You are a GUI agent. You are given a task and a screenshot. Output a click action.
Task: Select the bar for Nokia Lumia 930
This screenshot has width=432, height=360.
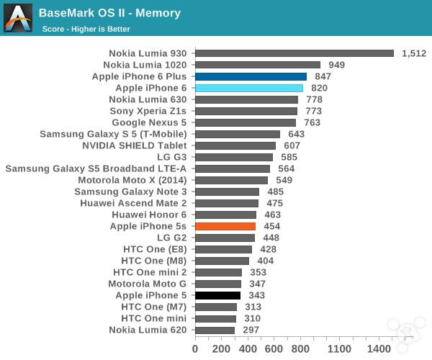tap(294, 53)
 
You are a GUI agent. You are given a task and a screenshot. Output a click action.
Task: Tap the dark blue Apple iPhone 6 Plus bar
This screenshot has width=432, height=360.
tap(251, 76)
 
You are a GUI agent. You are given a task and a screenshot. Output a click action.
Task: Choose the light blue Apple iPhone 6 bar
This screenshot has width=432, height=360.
tap(248, 88)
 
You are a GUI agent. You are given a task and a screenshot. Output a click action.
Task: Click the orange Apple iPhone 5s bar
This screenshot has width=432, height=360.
tap(225, 226)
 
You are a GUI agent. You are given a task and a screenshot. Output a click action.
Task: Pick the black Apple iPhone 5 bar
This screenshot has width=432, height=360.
tap(217, 295)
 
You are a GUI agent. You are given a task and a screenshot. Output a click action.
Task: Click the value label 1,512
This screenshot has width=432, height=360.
tap(414, 53)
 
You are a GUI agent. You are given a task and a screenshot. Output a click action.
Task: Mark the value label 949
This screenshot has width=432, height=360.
tap(336, 65)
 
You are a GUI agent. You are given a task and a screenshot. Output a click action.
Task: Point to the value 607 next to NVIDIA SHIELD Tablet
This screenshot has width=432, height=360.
tap(291, 145)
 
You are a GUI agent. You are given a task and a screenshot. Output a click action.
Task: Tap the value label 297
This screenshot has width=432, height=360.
tap(251, 330)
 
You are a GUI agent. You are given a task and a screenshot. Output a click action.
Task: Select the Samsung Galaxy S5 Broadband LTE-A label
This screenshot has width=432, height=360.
tap(96, 168)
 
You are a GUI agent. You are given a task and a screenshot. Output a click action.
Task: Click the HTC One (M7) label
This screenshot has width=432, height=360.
tap(154, 307)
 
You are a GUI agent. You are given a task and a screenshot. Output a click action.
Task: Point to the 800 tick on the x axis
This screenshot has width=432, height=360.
tap(300, 348)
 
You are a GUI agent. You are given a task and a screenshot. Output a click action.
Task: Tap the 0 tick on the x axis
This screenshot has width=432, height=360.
tap(195, 348)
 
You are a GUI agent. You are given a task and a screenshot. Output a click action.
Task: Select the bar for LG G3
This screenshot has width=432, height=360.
tap(234, 157)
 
